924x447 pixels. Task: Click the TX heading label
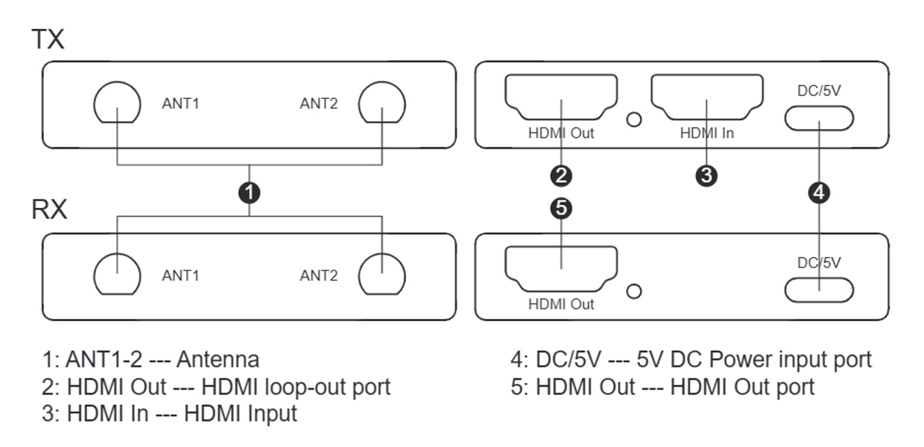click(48, 39)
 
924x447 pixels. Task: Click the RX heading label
click(49, 209)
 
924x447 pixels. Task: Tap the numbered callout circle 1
click(249, 192)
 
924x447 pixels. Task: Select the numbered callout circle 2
click(561, 176)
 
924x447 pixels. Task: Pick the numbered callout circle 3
click(706, 176)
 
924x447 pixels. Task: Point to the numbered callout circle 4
click(819, 192)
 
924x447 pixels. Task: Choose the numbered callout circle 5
click(561, 209)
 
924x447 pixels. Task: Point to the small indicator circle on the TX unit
click(634, 112)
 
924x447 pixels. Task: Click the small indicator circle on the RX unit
click(634, 285)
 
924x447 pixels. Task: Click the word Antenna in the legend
click(218, 360)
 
